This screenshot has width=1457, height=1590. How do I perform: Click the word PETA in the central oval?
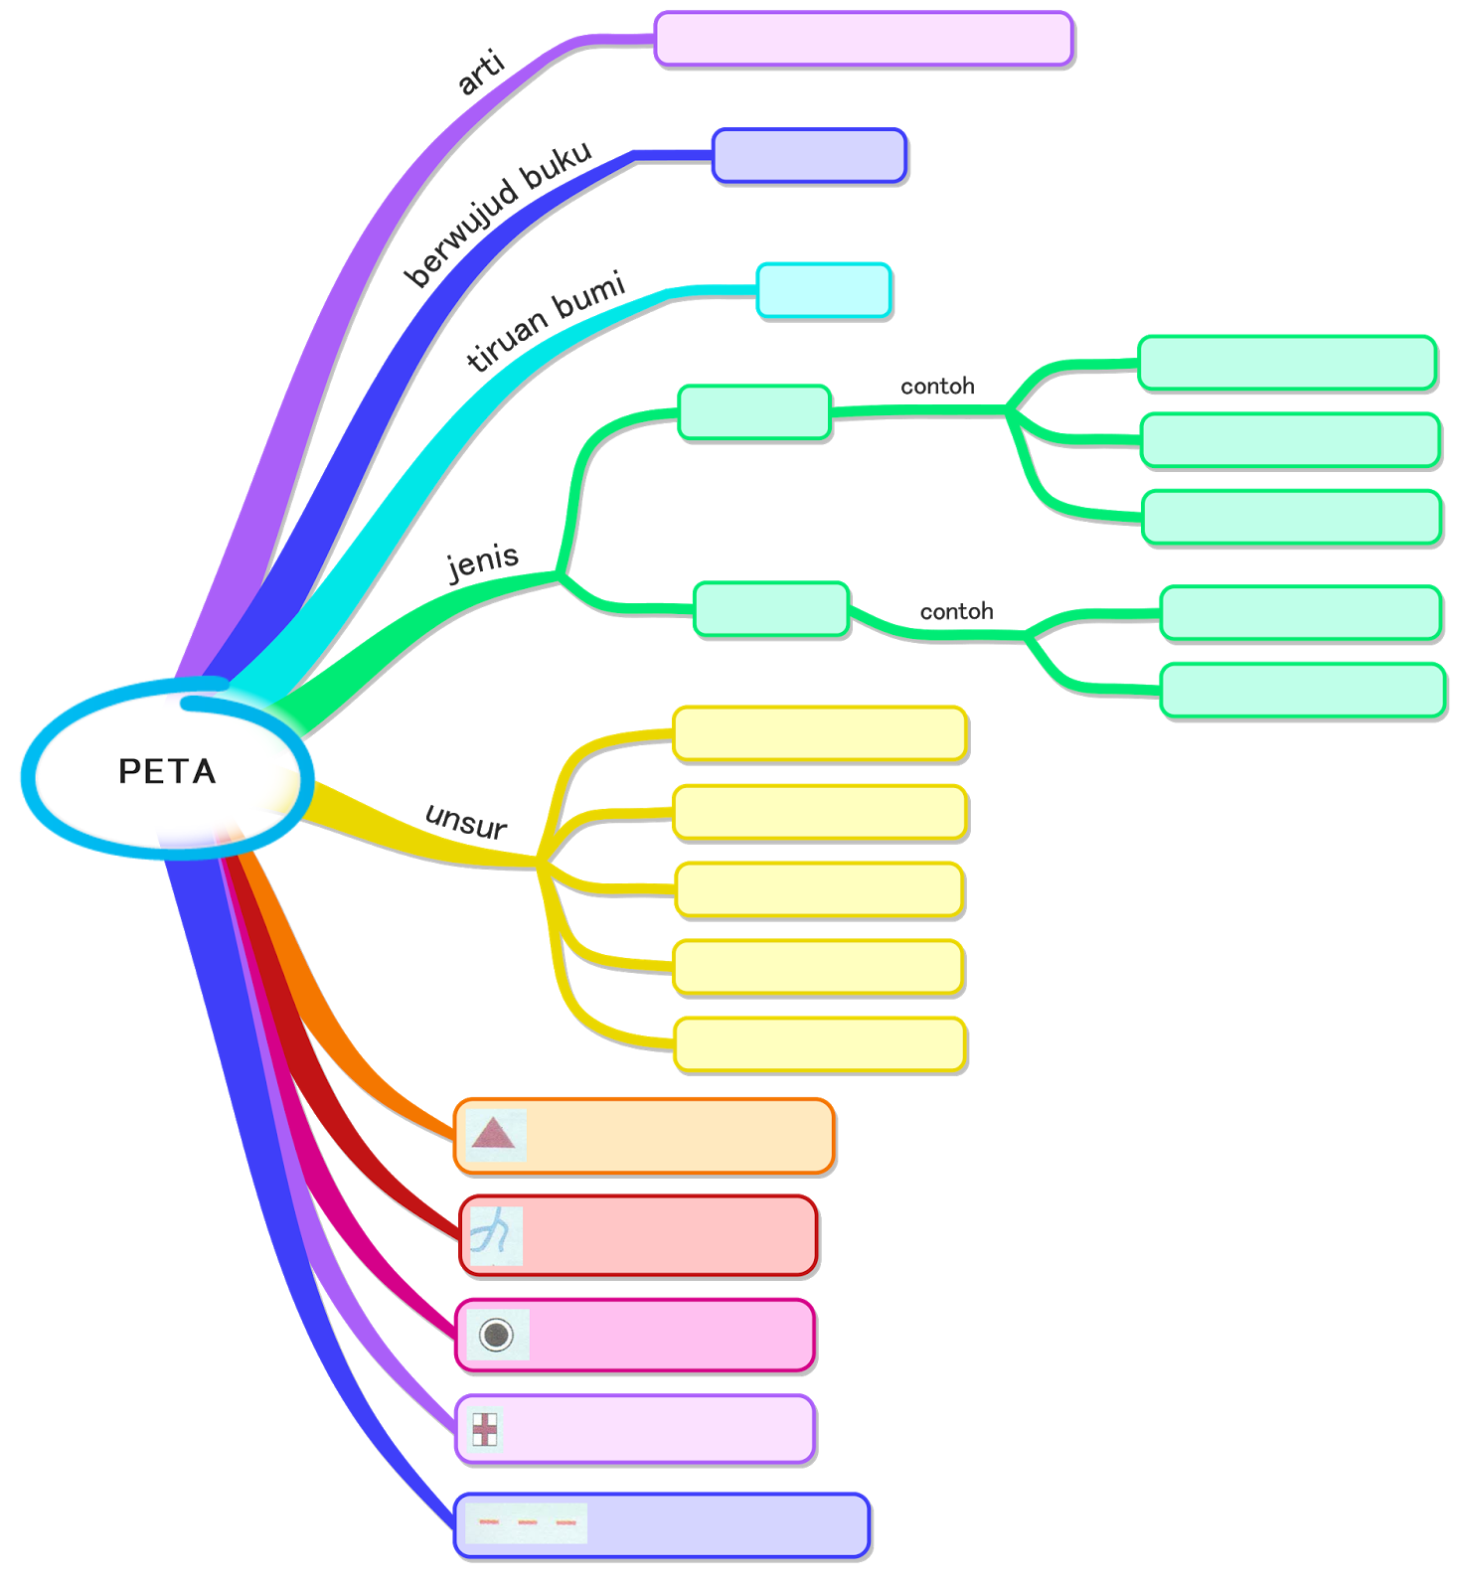click(x=167, y=771)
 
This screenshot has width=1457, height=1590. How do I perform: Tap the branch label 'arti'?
click(x=482, y=73)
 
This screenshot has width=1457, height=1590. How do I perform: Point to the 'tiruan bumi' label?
click(x=546, y=320)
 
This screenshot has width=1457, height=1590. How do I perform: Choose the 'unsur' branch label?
click(x=466, y=821)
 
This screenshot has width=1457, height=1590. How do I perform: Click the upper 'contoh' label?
click(x=937, y=387)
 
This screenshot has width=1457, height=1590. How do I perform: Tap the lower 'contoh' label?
click(x=956, y=611)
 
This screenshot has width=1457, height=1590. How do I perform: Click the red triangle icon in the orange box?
click(x=494, y=1134)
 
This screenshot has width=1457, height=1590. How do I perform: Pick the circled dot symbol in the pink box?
click(x=496, y=1334)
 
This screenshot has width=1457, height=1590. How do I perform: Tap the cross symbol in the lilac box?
click(x=484, y=1429)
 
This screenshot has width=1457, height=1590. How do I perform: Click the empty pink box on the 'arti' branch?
click(x=864, y=40)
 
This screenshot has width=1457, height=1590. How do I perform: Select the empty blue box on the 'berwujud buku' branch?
click(x=809, y=156)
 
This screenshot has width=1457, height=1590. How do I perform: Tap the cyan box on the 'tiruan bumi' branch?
click(x=824, y=291)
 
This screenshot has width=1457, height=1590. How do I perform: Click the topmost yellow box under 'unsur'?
click(x=820, y=734)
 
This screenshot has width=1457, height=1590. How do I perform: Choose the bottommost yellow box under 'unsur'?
click(x=820, y=1045)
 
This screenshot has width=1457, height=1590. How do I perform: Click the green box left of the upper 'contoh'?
click(x=754, y=412)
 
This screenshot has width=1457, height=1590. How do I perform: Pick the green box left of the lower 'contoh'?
click(x=771, y=609)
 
